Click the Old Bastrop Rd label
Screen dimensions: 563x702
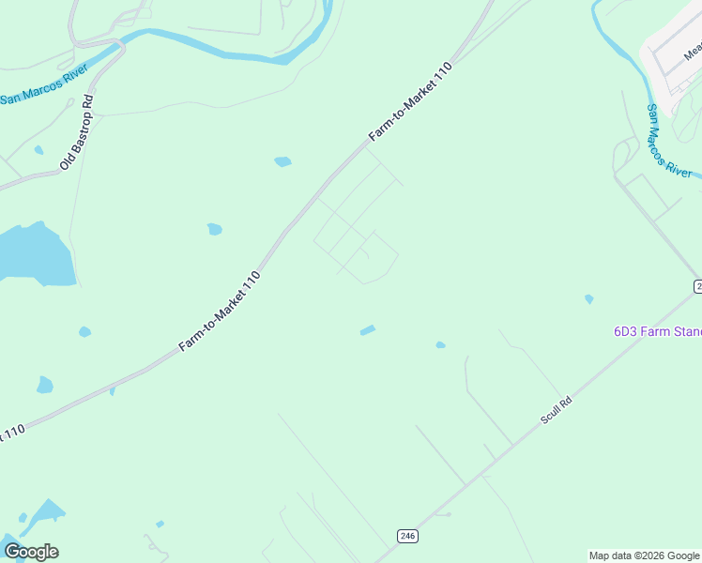point(77,131)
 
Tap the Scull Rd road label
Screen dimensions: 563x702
point(557,410)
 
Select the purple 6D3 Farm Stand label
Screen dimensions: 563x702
point(657,331)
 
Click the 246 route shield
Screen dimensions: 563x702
point(406,536)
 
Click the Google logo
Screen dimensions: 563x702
point(31,551)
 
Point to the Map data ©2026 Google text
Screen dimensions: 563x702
point(644,555)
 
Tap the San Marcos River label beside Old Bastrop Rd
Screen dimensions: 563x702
point(43,84)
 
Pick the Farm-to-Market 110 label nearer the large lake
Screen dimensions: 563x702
point(219,312)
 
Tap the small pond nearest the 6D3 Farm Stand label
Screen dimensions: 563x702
point(588,299)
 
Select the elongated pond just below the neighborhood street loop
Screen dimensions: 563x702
point(367,329)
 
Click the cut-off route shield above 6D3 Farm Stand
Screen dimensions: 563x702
point(697,285)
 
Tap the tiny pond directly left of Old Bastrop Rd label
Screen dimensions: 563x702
point(38,150)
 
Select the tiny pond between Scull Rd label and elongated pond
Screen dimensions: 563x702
point(440,345)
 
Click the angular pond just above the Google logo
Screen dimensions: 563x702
point(44,513)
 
